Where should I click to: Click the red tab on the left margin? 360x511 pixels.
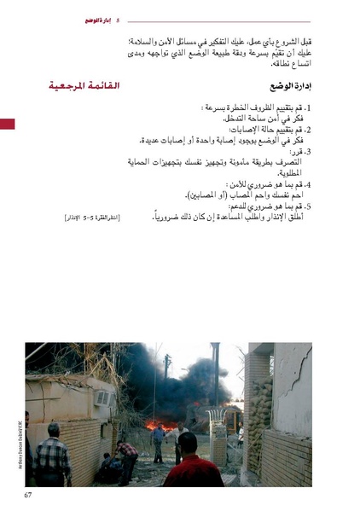[7, 125]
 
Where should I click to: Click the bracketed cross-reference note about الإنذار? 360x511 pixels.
[92, 219]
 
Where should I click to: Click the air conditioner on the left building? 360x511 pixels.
[103, 396]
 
